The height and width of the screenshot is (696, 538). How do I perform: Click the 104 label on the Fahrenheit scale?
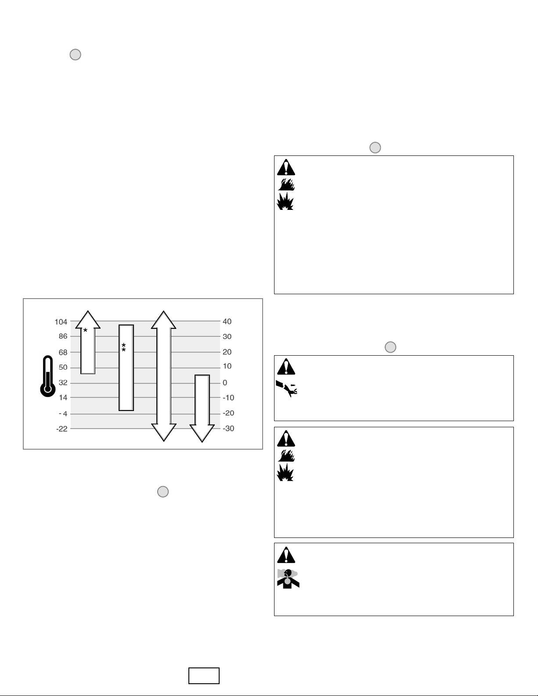(x=61, y=321)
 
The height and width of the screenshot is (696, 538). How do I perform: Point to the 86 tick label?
(x=63, y=336)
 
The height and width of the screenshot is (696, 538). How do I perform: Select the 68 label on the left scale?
(x=63, y=352)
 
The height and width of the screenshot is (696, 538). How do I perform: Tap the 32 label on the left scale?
(x=63, y=383)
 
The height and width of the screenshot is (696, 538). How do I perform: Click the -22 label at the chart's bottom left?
(x=62, y=429)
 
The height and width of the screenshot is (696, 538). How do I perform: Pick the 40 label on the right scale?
(x=227, y=321)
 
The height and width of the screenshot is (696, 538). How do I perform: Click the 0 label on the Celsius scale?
(x=225, y=383)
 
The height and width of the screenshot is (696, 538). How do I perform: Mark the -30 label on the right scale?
(x=228, y=429)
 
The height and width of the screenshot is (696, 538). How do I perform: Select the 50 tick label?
(x=63, y=368)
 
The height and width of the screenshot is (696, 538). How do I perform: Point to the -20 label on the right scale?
(x=228, y=413)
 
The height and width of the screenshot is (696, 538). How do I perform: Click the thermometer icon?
(x=48, y=376)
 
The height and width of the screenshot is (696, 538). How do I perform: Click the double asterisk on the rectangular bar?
(x=123, y=347)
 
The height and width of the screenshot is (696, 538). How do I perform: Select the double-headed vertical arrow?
(x=164, y=376)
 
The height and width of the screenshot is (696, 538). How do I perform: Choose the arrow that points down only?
(x=202, y=408)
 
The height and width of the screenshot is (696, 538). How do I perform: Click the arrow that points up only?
(x=88, y=342)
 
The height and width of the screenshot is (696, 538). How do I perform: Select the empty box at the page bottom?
(x=204, y=676)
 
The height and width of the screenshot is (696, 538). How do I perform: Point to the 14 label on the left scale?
(x=63, y=398)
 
